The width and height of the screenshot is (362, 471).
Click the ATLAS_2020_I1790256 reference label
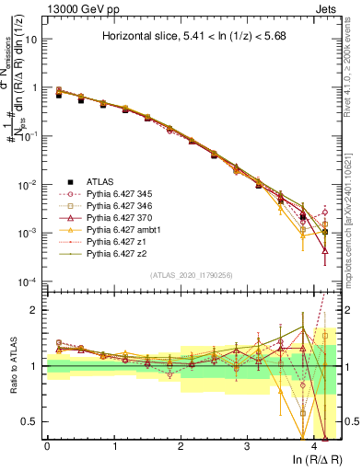[x=192, y=274]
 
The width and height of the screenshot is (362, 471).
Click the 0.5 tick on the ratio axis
[x=30, y=421]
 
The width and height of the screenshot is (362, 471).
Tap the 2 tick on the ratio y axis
[x=35, y=310]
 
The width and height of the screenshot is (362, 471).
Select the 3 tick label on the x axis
[x=247, y=445]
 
